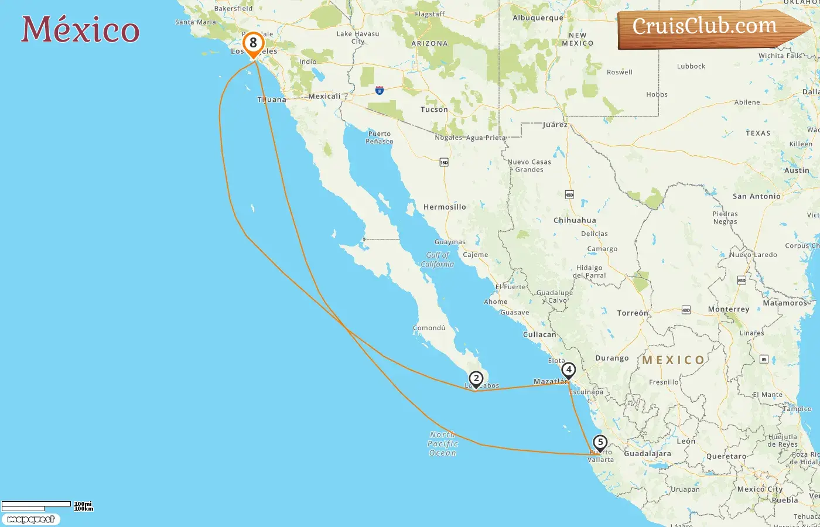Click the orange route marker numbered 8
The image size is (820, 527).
253,43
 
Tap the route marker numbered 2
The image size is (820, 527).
476,379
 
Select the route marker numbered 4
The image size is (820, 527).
568,370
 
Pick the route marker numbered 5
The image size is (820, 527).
600,443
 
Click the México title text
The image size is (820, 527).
80,29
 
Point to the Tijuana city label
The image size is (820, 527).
272,100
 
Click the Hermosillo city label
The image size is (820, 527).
445,207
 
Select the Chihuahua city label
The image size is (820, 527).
575,220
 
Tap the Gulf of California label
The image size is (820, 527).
438,259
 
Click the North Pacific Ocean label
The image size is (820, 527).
443,444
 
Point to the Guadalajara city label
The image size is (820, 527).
647,453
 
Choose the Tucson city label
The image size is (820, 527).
434,109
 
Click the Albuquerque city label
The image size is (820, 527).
538,18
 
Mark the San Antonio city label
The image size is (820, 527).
756,196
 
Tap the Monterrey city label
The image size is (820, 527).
728,309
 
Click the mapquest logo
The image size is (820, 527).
31,519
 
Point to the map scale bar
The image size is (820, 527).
36,505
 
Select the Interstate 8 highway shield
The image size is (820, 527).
380,91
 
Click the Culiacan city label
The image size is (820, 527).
539,334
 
